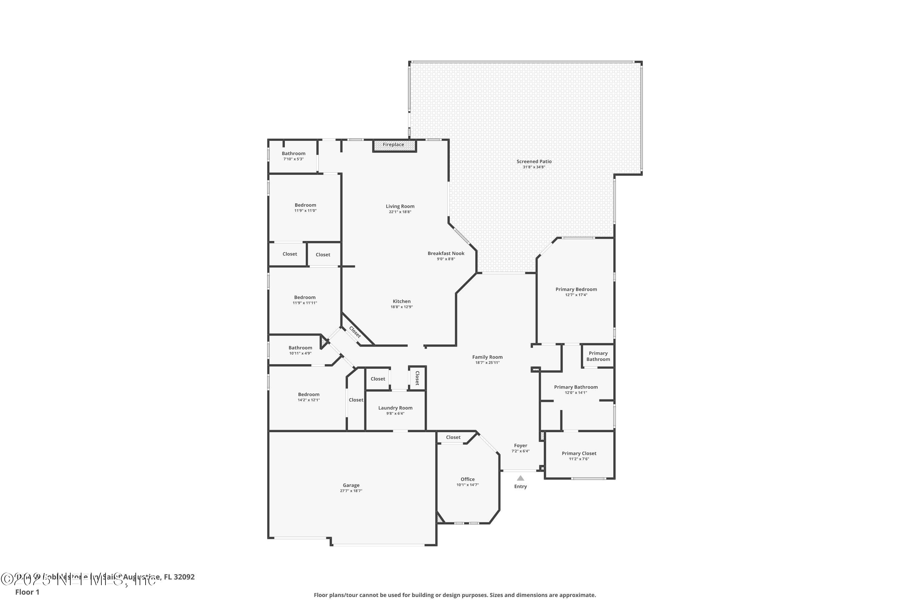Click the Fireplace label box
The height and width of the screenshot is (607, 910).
393,145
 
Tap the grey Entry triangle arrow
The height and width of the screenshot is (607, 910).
521,478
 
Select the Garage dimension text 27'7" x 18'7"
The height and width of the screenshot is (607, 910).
351,491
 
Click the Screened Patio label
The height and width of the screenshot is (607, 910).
534,161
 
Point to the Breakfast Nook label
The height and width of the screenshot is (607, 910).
446,253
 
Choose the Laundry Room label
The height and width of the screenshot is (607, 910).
395,408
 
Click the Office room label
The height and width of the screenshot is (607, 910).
467,479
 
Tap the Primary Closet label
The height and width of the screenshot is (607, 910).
579,453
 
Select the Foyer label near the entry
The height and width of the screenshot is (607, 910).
521,446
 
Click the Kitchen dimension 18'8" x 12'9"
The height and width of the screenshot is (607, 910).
402,307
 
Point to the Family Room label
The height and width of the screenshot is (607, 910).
487,357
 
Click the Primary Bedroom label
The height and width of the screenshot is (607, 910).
576,290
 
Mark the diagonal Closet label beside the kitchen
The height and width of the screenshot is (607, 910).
355,332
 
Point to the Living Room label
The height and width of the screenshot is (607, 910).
400,206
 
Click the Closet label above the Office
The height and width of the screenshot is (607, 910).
453,437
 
